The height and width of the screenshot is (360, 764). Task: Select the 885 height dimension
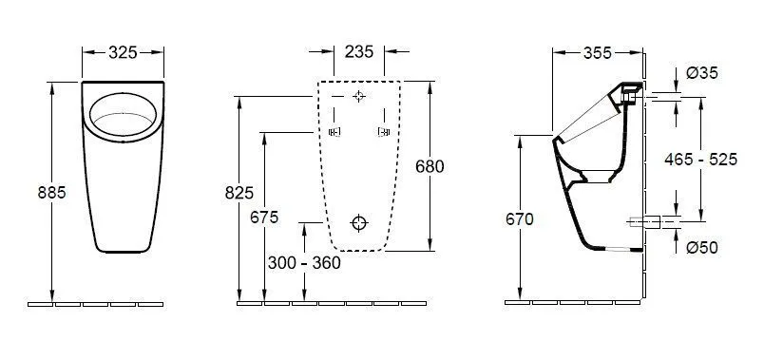(51, 192)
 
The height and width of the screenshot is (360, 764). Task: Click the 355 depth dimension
(597, 54)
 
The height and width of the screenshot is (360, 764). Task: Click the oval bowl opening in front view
(125, 118)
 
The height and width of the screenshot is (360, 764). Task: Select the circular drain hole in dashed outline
(358, 223)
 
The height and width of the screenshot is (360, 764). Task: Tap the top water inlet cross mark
(358, 97)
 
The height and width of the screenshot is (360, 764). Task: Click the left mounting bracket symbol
(334, 132)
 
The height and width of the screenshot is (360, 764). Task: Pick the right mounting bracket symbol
(383, 132)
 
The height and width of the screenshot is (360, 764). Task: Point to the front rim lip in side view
(555, 141)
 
